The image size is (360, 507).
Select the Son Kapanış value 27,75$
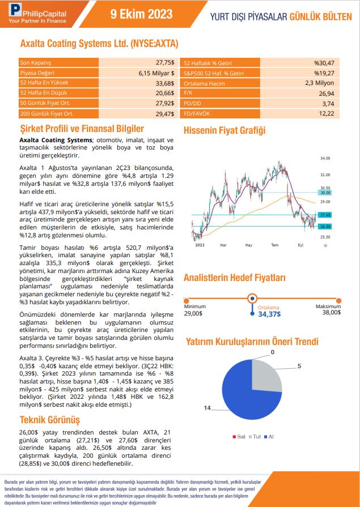pyautogui.click(x=165, y=62)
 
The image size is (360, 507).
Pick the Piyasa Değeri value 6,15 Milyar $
pyautogui.click(x=156, y=73)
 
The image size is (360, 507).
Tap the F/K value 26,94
pyautogui.click(x=325, y=93)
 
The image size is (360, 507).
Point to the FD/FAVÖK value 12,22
pyautogui.click(x=327, y=113)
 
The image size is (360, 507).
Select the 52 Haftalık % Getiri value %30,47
pyautogui.click(x=324, y=62)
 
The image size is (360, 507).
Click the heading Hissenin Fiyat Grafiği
pyautogui.click(x=225, y=131)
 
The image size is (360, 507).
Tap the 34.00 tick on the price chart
pyautogui.click(x=325, y=158)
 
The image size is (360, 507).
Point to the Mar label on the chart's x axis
pyautogui.click(x=223, y=245)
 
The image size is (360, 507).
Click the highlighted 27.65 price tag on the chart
pyautogui.click(x=325, y=215)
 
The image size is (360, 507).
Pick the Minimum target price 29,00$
pyautogui.click(x=193, y=313)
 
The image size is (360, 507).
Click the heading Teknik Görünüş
pyautogui.click(x=50, y=420)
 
